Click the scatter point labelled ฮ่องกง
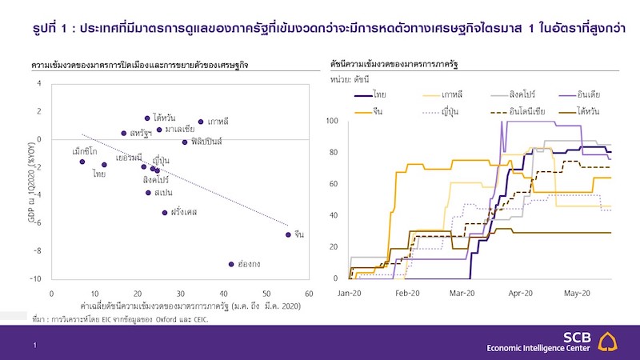[230, 263]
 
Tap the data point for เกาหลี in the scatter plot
[201, 122]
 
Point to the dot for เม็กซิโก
[82, 162]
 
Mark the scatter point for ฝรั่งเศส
[165, 213]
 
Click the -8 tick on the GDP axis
[38, 251]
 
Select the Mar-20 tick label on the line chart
[462, 294]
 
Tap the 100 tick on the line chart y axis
[334, 121]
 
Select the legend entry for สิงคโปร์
[524, 94]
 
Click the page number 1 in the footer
[34, 345]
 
